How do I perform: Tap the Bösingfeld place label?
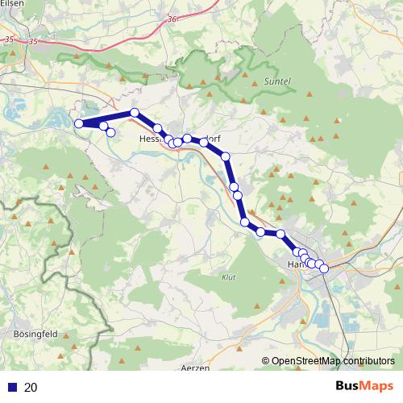[33, 333]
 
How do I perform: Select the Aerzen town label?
[196, 368]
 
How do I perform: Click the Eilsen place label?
[10, 4]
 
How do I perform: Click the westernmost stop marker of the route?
[79, 123]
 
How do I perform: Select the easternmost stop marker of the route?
[324, 268]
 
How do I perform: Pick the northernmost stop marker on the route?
[135, 113]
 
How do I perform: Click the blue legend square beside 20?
[11, 388]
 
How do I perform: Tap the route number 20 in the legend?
[31, 388]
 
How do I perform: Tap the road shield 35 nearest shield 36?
[33, 41]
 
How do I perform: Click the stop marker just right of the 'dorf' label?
[226, 156]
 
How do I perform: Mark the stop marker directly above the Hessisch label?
[158, 128]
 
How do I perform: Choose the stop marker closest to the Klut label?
[244, 222]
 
